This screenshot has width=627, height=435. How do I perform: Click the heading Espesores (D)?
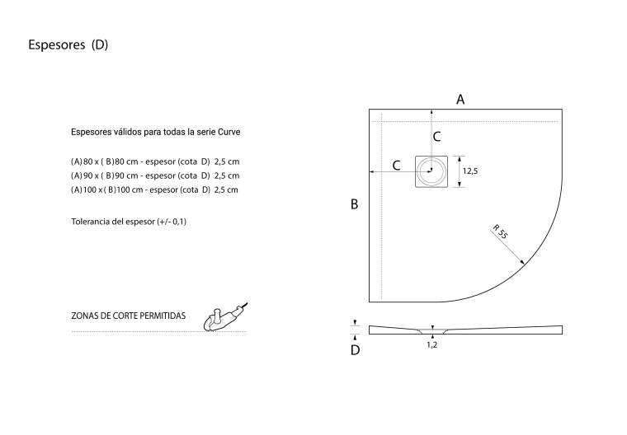pyautogui.click(x=68, y=44)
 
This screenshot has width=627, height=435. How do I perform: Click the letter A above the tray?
pyautogui.click(x=460, y=100)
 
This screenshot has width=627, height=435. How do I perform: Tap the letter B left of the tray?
pyautogui.click(x=354, y=204)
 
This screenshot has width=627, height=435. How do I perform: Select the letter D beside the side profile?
pyautogui.click(x=355, y=350)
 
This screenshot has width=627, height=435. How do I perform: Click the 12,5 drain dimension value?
pyautogui.click(x=470, y=171)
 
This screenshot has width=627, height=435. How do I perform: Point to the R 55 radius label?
pyautogui.click(x=500, y=232)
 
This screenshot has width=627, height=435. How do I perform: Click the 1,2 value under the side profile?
pyautogui.click(x=431, y=344)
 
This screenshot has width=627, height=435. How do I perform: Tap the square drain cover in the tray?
pyautogui.click(x=431, y=171)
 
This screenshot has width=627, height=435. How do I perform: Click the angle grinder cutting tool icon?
pyautogui.click(x=225, y=317)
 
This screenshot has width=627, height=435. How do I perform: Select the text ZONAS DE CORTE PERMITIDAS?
pyautogui.click(x=129, y=316)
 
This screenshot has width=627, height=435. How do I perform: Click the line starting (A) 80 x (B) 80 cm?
pyautogui.click(x=155, y=161)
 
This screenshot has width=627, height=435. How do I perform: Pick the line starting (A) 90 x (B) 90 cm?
pyautogui.click(x=155, y=175)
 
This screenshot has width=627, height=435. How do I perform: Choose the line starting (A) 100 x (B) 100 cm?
pyautogui.click(x=154, y=189)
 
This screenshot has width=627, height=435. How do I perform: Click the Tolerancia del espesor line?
pyautogui.click(x=129, y=222)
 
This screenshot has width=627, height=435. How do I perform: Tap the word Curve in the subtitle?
pyautogui.click(x=229, y=132)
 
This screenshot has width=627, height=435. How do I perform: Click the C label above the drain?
pyautogui.click(x=436, y=137)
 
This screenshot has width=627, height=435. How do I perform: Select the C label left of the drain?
pyautogui.click(x=396, y=166)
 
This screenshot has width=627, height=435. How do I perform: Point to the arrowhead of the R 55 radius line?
pyautogui.click(x=523, y=264)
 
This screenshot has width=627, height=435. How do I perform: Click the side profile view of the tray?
pyautogui.click(x=465, y=330)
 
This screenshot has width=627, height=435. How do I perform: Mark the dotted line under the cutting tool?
pyautogui.click(x=159, y=331)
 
